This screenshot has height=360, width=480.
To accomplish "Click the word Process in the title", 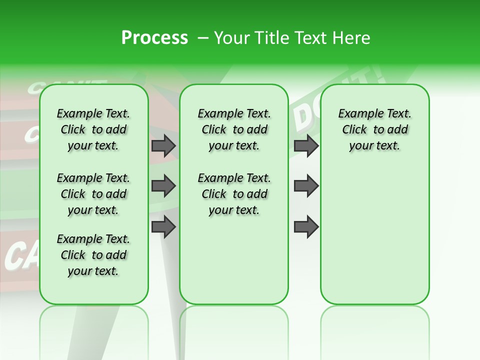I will (154, 38).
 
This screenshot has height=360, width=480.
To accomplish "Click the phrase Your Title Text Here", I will (292, 38).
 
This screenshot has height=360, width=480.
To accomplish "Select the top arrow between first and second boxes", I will (163, 145).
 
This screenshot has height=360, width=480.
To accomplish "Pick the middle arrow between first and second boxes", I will (163, 186).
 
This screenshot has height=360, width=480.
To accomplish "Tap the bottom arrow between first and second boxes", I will (163, 227).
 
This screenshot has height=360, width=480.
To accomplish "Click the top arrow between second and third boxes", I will (306, 145).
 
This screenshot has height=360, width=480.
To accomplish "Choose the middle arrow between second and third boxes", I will (306, 186).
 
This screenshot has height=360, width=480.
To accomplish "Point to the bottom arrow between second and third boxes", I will (306, 227).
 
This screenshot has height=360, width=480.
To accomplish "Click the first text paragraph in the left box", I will (93, 129).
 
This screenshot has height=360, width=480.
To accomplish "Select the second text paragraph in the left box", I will (93, 194).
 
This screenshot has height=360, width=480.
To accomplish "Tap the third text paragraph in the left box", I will (93, 255).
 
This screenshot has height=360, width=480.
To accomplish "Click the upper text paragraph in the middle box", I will (234, 129).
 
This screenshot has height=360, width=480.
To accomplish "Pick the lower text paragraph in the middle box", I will (234, 194).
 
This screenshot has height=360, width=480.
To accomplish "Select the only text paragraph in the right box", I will (374, 129).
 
